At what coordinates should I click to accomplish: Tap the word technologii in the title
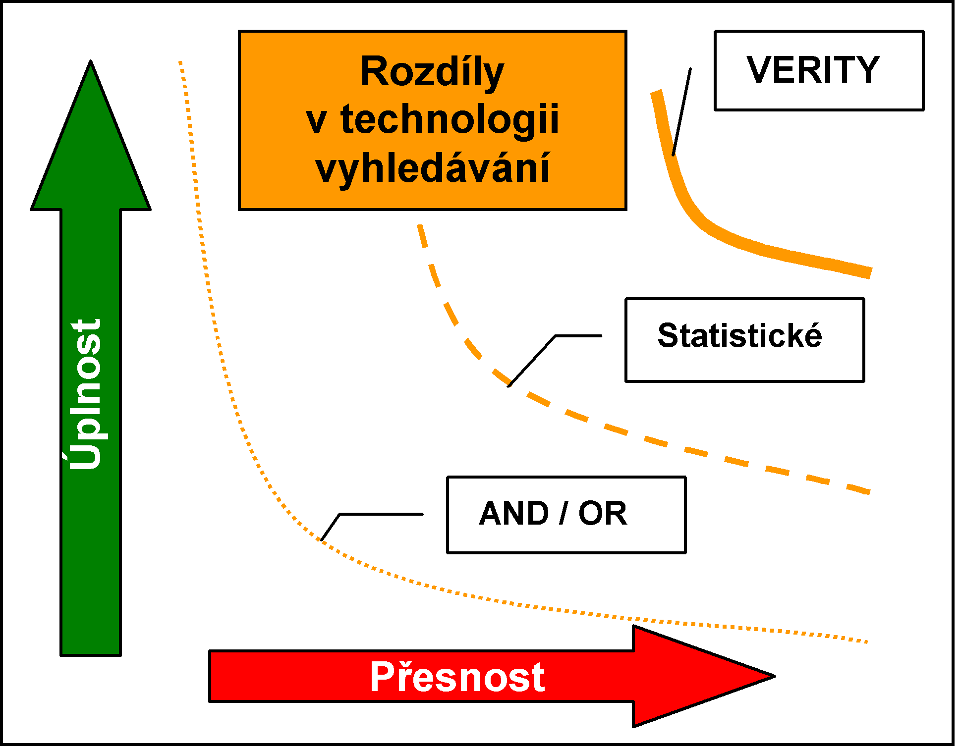tap(450, 120)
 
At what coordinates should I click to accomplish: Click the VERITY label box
tap(819, 70)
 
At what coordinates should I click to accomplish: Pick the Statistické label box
tap(744, 340)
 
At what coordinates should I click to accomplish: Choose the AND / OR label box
tap(566, 515)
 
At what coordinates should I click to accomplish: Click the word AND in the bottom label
tap(514, 513)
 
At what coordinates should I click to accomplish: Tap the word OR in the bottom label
tap(603, 513)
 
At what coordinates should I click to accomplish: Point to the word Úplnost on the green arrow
tap(85, 394)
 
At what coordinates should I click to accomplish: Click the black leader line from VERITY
tap(681, 112)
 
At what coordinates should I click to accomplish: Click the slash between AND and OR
tap(564, 513)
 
